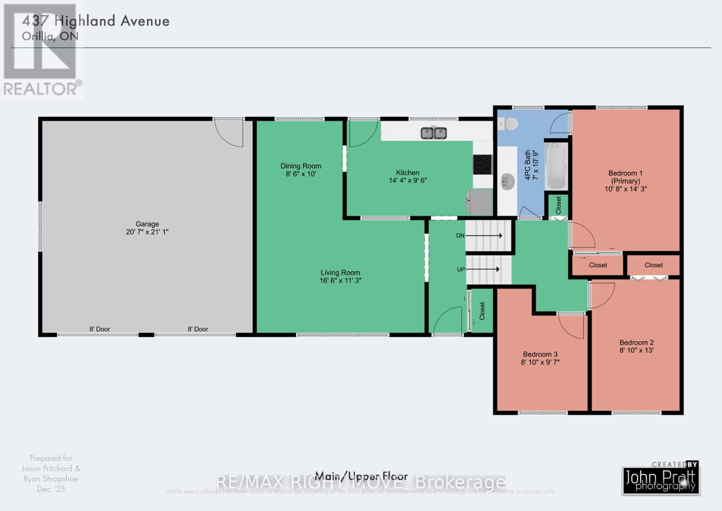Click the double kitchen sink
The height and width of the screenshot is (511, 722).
434,133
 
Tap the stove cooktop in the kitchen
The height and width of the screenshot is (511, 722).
482,164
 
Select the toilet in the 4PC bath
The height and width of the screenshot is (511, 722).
509,123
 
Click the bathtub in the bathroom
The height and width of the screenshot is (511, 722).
556,166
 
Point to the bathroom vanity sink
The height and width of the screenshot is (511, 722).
508,182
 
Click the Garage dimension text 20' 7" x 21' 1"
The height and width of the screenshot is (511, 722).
147,232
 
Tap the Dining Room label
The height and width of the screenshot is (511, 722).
301,166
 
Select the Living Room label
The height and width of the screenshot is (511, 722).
340,272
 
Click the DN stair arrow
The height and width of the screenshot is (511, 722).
484,235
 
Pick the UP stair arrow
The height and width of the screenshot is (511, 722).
483,269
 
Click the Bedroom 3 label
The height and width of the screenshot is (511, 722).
540,354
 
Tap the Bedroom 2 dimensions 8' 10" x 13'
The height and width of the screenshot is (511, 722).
636,350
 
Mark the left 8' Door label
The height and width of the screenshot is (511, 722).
100,329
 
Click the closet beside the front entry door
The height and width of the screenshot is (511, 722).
481,311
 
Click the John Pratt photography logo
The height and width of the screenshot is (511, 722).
661,479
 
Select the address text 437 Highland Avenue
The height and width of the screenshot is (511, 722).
96,21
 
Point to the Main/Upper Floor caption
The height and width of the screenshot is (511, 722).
361,476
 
